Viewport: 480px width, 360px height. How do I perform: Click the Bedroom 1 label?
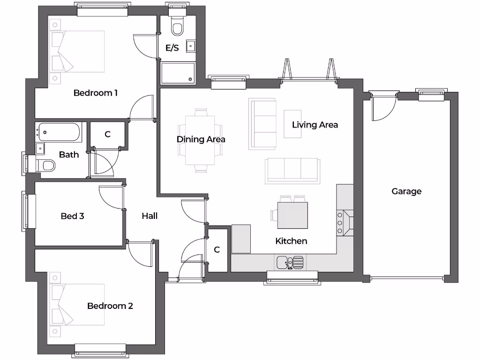(x=95, y=93)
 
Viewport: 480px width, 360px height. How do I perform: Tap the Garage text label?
(x=406, y=191)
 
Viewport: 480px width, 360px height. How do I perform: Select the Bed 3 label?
(x=72, y=216)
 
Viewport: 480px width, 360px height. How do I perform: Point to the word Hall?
(x=150, y=216)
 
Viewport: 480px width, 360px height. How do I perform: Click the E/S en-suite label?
(x=172, y=48)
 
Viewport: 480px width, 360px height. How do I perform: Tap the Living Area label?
(x=315, y=125)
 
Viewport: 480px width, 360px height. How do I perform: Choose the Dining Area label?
(x=201, y=139)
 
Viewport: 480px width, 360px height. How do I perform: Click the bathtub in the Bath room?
(x=60, y=132)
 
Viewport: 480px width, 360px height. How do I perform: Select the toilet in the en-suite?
(x=177, y=28)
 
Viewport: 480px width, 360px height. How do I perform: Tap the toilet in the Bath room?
(x=45, y=165)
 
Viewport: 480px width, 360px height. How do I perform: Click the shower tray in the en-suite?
(x=178, y=73)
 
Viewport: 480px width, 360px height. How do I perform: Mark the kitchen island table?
(x=292, y=215)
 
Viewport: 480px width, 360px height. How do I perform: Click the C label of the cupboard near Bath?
(x=107, y=135)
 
